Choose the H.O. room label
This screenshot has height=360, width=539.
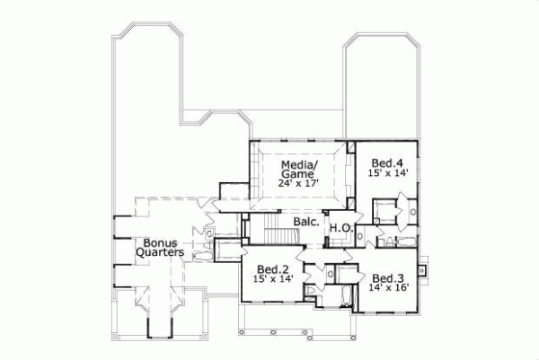click(340, 228)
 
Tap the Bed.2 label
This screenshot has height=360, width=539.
click(272, 268)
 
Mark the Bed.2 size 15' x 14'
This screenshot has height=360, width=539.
click(272, 279)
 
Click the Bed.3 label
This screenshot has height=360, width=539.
click(387, 277)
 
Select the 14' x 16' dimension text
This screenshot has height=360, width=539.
click(387, 288)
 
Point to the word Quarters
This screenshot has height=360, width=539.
click(160, 253)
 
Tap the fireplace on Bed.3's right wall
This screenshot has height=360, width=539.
click(426, 267)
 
